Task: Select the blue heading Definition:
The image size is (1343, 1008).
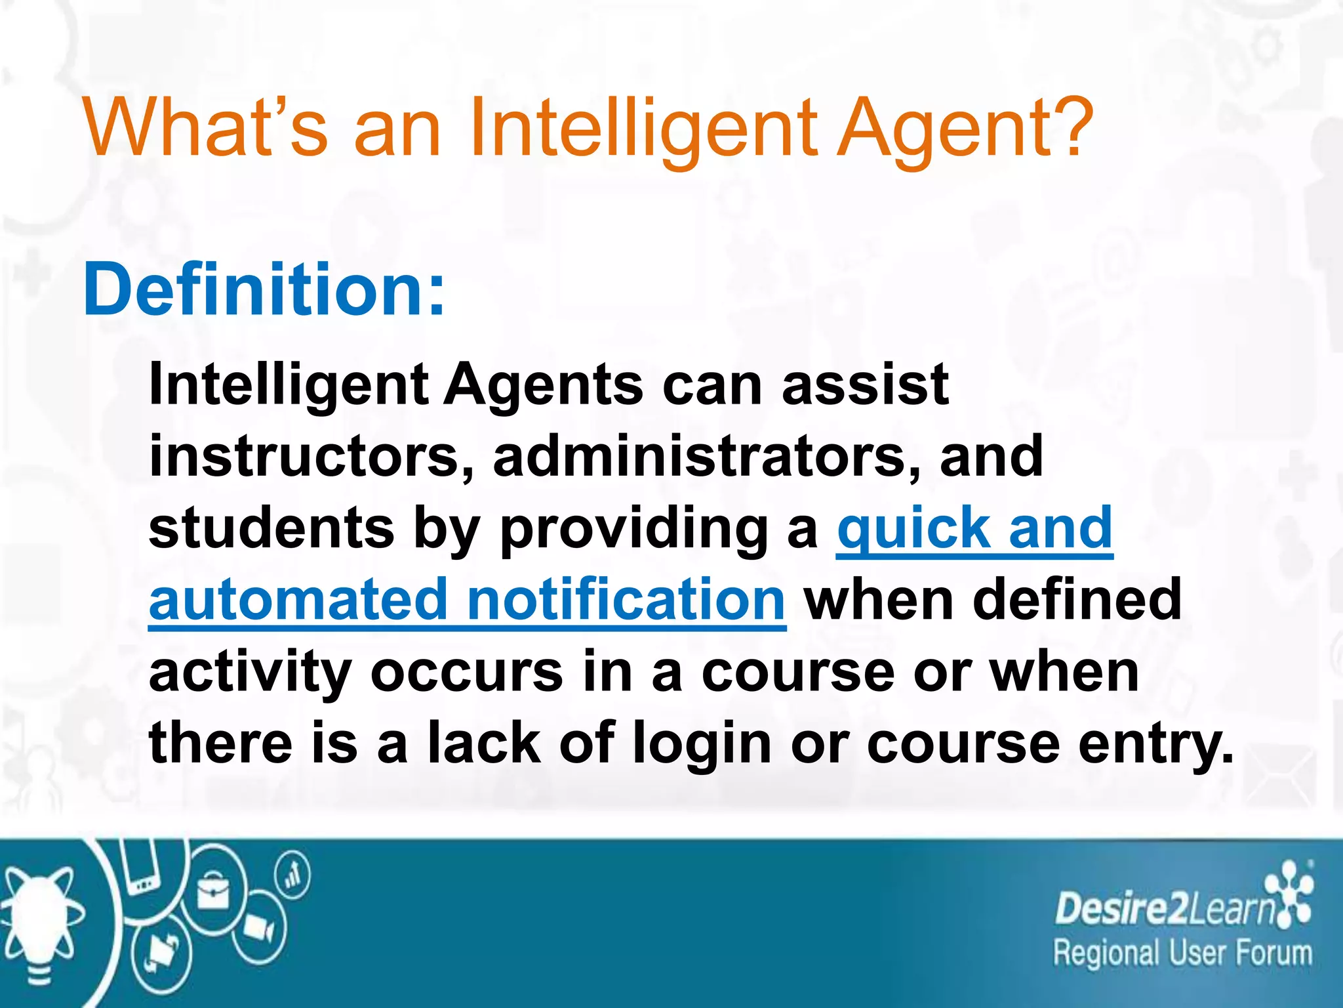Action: pos(264,289)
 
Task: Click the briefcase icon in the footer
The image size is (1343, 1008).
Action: pos(213,892)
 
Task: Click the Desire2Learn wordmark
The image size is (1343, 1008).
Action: pos(1165,910)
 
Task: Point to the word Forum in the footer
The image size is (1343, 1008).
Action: pos(1275,954)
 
